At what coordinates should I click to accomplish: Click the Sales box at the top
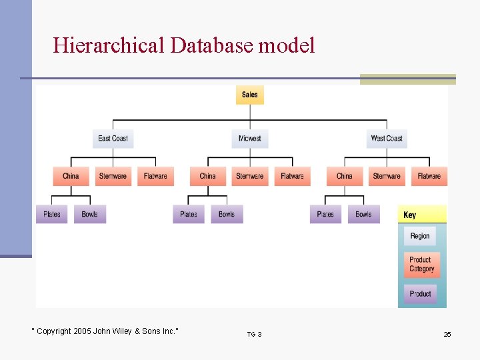pyautogui.click(x=250, y=95)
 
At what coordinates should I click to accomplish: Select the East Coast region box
pyautogui.click(x=113, y=139)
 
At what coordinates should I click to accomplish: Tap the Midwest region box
pyautogui.click(x=250, y=139)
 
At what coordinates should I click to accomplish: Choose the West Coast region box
pyautogui.click(x=387, y=139)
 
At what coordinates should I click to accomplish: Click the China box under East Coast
pyautogui.click(x=71, y=176)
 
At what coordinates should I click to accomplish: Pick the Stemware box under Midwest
pyautogui.click(x=250, y=176)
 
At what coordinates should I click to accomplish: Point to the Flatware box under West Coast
pyautogui.click(x=429, y=176)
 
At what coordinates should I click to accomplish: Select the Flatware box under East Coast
pyautogui.click(x=155, y=176)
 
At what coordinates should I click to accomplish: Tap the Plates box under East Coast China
pyautogui.click(x=52, y=214)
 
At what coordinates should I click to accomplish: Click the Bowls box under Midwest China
pyautogui.click(x=227, y=214)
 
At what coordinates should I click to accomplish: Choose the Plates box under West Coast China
pyautogui.click(x=325, y=214)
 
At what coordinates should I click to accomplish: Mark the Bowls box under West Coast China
pyautogui.click(x=363, y=214)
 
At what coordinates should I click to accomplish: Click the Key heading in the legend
pyautogui.click(x=410, y=215)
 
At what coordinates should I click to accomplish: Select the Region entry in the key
pyautogui.click(x=420, y=236)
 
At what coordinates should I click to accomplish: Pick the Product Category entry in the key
pyautogui.click(x=421, y=265)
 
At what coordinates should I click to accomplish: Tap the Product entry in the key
pyautogui.click(x=420, y=293)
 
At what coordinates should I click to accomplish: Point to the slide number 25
pyautogui.click(x=447, y=334)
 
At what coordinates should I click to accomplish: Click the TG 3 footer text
pyautogui.click(x=254, y=334)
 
